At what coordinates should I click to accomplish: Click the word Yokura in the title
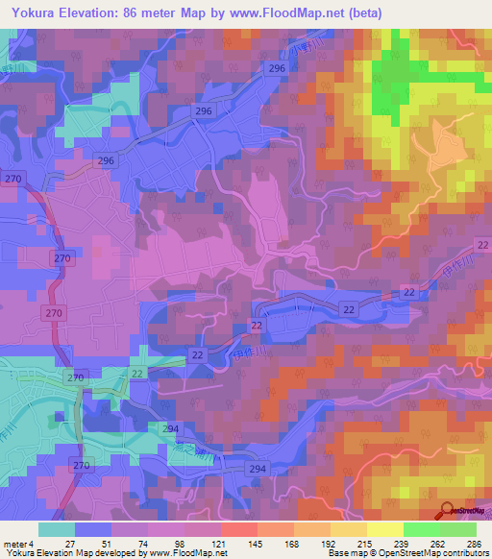[36, 13]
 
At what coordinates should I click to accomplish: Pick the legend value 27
[70, 543]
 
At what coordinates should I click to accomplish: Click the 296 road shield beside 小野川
[278, 68]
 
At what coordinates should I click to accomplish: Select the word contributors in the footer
[461, 553]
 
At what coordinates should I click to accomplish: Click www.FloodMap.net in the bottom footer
[188, 553]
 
